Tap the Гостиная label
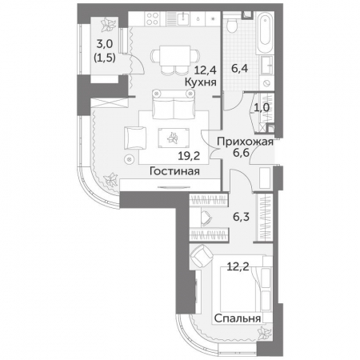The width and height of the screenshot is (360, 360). tap(174, 171)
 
